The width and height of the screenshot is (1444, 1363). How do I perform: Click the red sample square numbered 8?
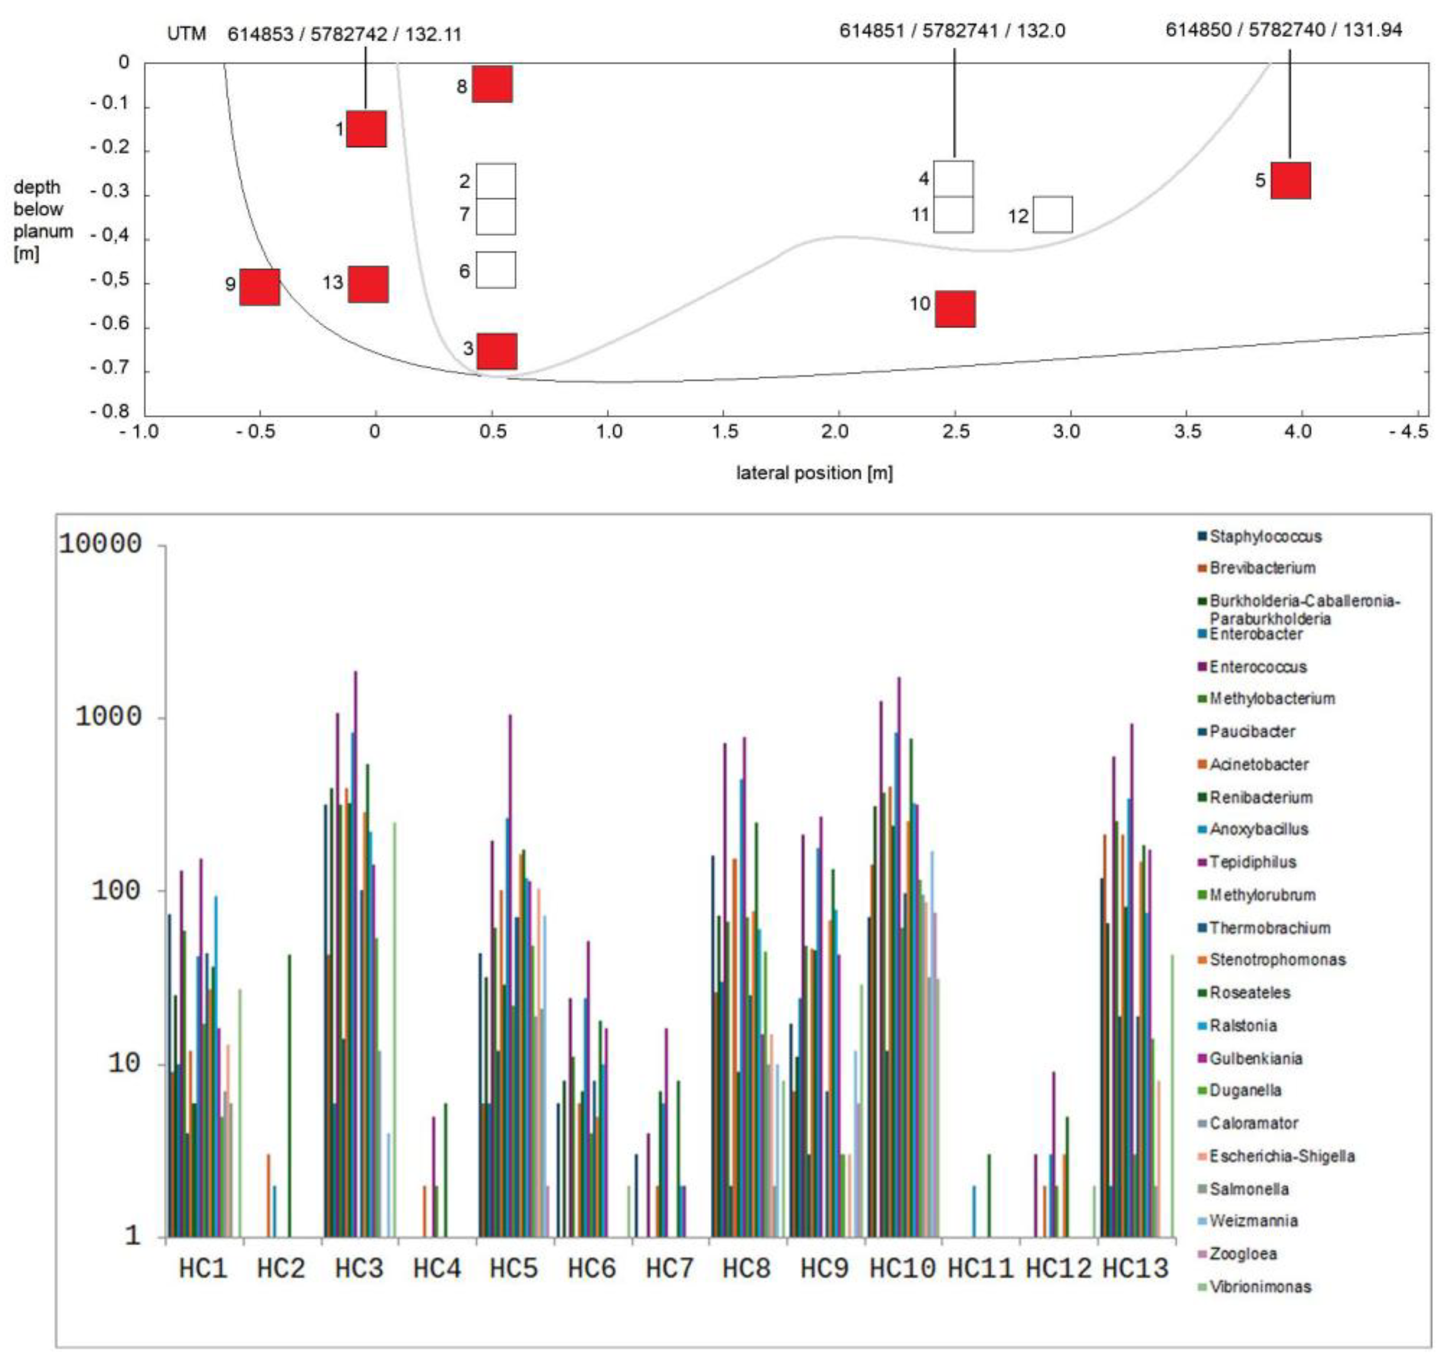click(492, 84)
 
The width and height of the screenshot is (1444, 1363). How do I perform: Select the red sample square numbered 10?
click(955, 309)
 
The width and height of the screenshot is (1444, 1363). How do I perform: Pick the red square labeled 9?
click(259, 287)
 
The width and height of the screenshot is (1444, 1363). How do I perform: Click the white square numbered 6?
click(496, 270)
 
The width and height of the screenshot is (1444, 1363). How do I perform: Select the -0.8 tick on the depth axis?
click(110, 412)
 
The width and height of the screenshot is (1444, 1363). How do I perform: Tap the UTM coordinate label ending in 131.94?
click(1284, 30)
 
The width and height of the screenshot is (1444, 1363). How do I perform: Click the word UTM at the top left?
click(187, 34)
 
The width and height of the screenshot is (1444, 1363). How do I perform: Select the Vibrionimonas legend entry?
click(1260, 1287)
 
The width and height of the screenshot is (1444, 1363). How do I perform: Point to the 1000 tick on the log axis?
click(109, 718)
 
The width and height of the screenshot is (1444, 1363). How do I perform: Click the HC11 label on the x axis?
click(980, 1269)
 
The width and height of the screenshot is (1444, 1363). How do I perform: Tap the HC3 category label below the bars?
click(359, 1269)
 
